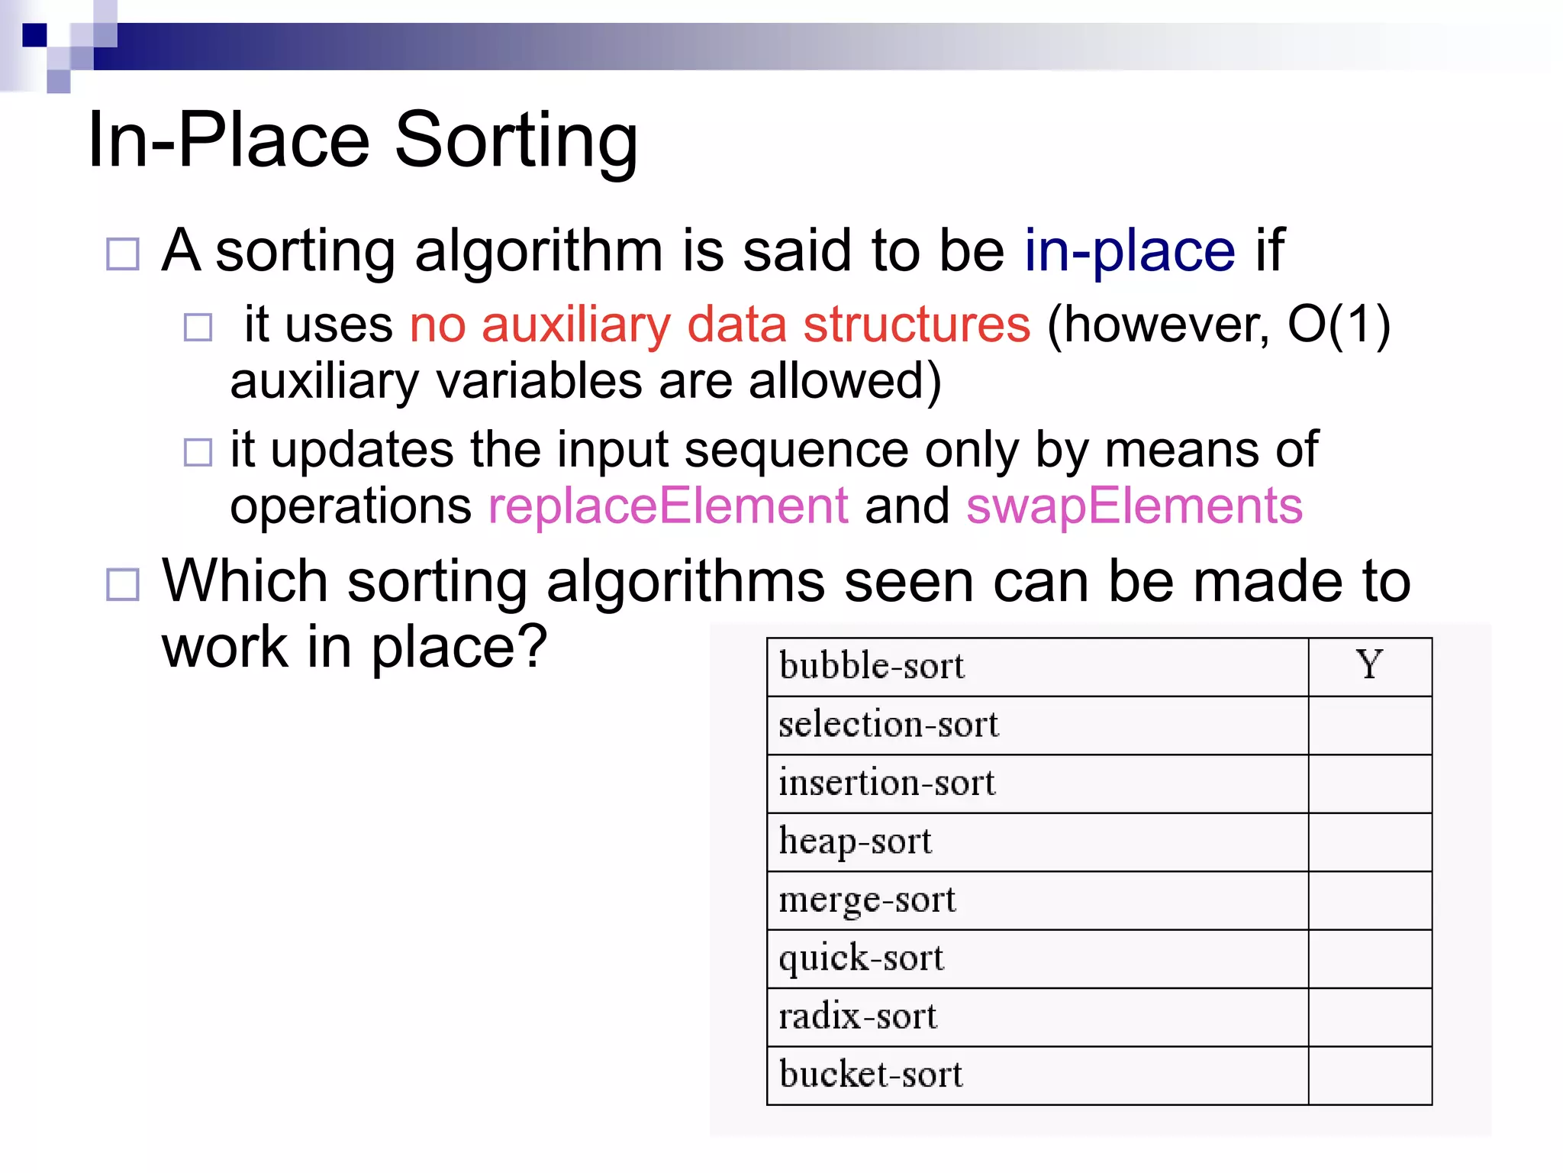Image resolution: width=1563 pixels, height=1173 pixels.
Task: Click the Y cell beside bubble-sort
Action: (1369, 666)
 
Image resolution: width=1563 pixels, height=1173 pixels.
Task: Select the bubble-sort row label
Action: (872, 666)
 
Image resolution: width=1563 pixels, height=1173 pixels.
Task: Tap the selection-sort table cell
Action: (888, 725)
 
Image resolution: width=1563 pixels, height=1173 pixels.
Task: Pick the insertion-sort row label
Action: (887, 784)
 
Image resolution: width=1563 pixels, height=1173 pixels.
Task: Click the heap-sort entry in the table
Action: (855, 842)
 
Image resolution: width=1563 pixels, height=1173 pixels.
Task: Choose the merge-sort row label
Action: (867, 900)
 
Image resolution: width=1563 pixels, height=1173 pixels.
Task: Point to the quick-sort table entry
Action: (861, 959)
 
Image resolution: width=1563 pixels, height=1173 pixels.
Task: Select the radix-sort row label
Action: (858, 1017)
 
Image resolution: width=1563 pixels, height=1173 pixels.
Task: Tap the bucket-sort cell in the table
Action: (871, 1075)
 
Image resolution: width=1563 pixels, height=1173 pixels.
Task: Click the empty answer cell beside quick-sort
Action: (1369, 959)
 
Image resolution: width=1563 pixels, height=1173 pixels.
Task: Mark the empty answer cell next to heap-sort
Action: (1369, 842)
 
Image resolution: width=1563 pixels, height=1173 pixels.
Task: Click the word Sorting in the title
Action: (516, 141)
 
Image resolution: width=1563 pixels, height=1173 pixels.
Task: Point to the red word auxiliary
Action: (575, 325)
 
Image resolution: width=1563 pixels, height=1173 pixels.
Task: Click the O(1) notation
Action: (1339, 325)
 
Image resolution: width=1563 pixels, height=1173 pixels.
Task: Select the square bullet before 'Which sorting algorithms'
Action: (123, 584)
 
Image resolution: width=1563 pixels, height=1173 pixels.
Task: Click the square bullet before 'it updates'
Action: (198, 452)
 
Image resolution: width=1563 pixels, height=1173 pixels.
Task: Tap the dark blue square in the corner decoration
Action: (34, 35)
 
